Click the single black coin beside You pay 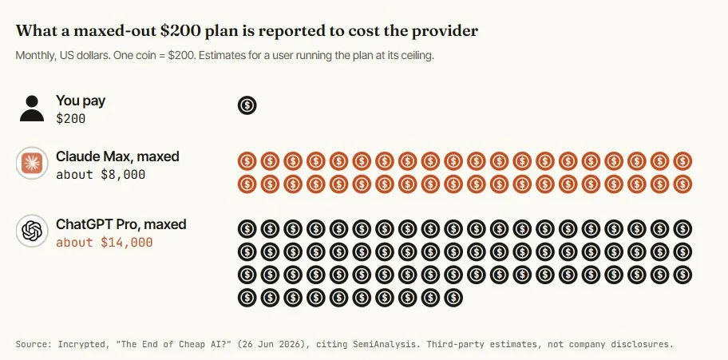pyautogui.click(x=247, y=105)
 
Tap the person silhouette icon pyautogui.click(x=32, y=109)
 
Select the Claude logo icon pyautogui.click(x=32, y=163)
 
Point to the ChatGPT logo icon pyautogui.click(x=32, y=231)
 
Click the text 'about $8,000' pyautogui.click(x=101, y=175)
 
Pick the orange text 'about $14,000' pyautogui.click(x=105, y=243)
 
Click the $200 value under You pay pyautogui.click(x=70, y=119)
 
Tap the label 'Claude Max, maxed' pyautogui.click(x=117, y=156)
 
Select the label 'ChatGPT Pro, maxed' pyautogui.click(x=121, y=224)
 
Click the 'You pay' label pyautogui.click(x=81, y=101)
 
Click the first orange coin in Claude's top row pyautogui.click(x=247, y=161)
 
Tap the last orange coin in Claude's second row pyautogui.click(x=682, y=184)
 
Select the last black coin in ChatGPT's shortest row pyautogui.click(x=453, y=297)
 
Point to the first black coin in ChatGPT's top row pyautogui.click(x=247, y=229)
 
